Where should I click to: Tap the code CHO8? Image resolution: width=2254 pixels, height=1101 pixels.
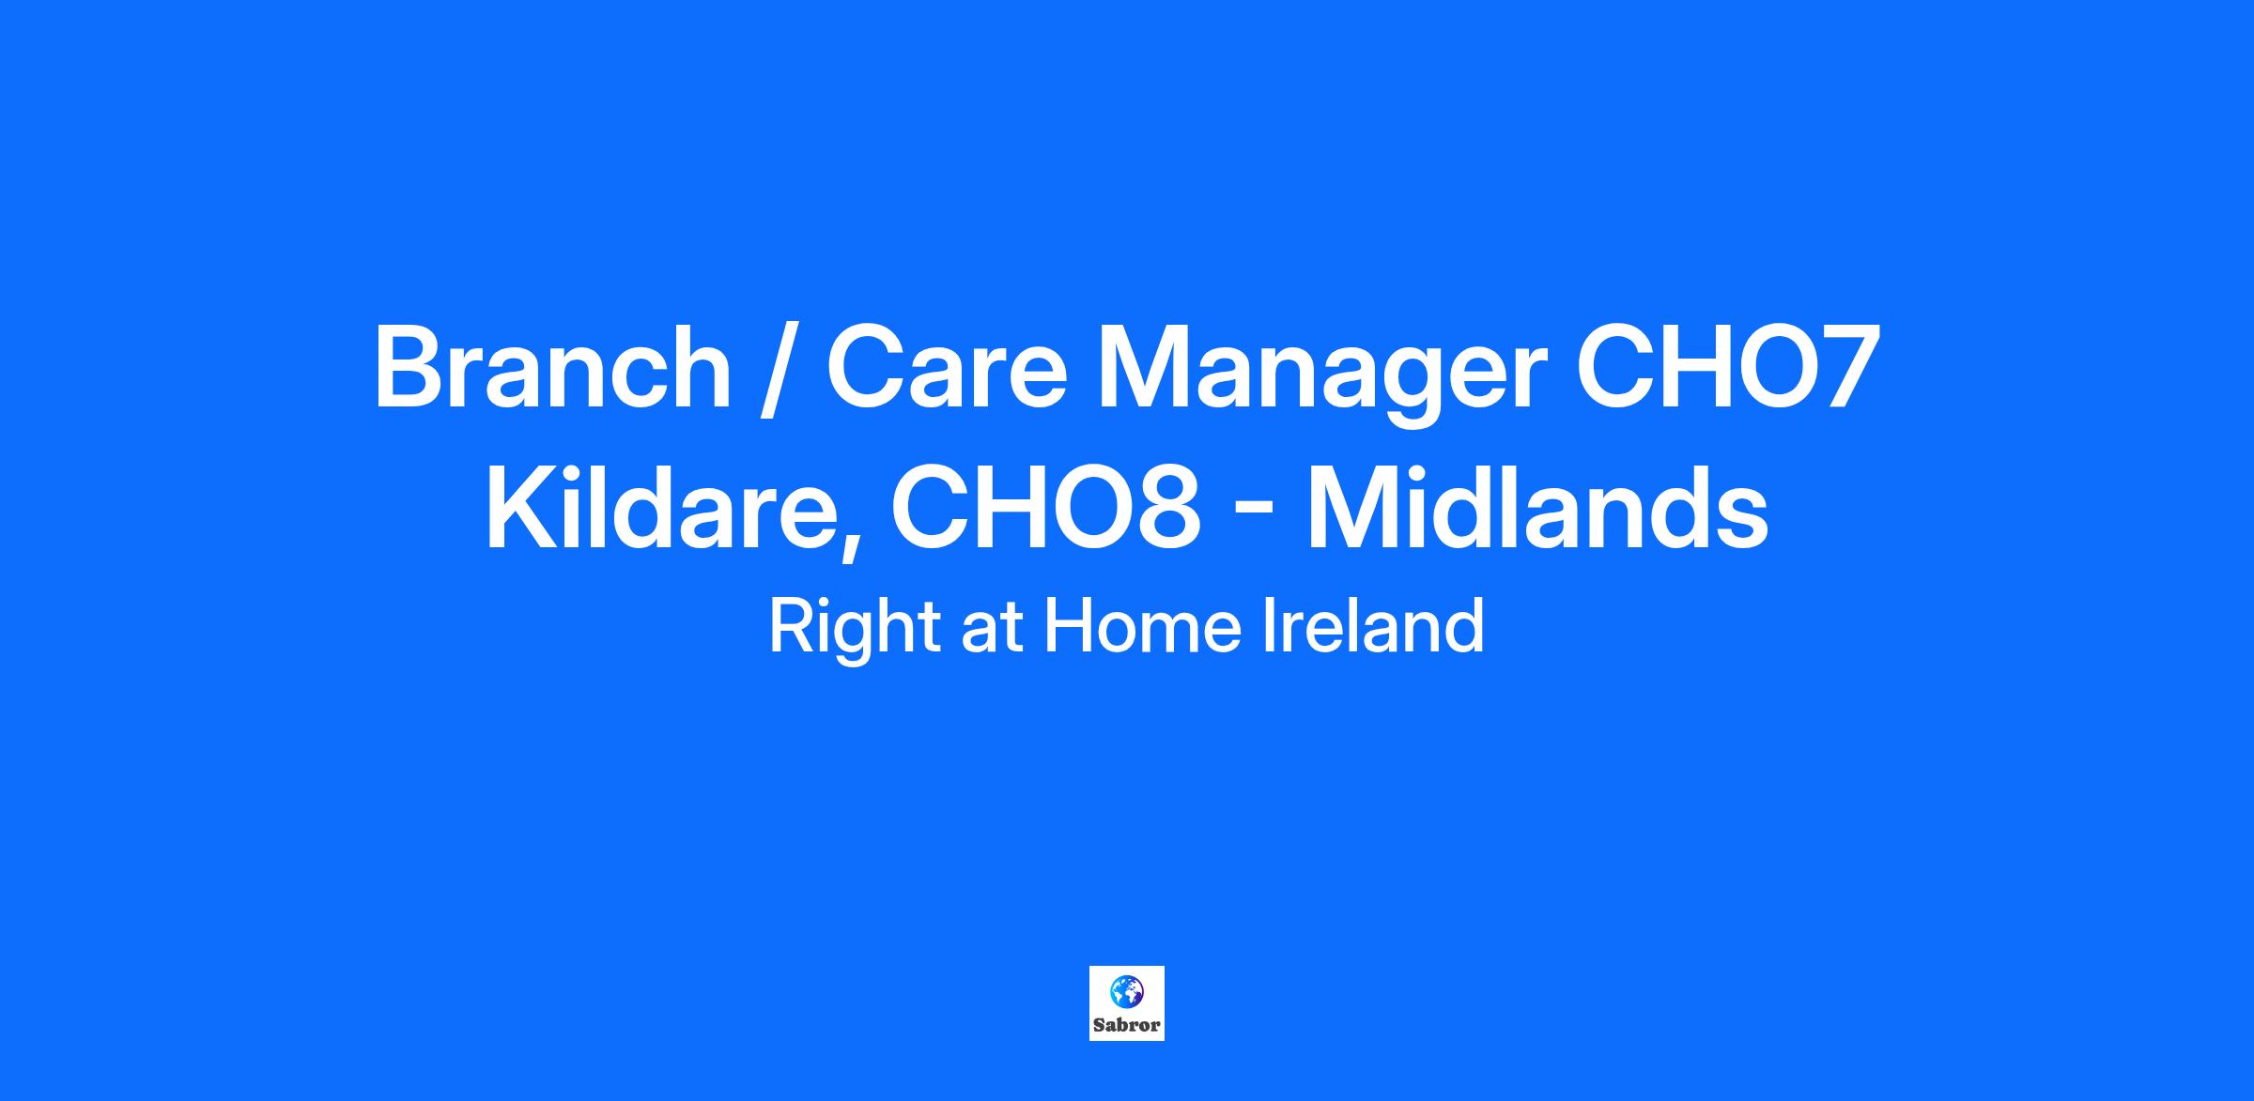pyautogui.click(x=1046, y=508)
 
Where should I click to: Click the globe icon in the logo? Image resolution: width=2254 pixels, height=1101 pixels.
pyautogui.click(x=1127, y=990)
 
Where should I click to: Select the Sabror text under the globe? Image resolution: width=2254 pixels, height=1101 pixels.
pyautogui.click(x=1127, y=1024)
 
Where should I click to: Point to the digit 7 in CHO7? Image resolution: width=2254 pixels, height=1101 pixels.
pyautogui.click(x=1847, y=367)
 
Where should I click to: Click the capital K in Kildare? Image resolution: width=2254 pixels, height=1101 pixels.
pyautogui.click(x=526, y=507)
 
